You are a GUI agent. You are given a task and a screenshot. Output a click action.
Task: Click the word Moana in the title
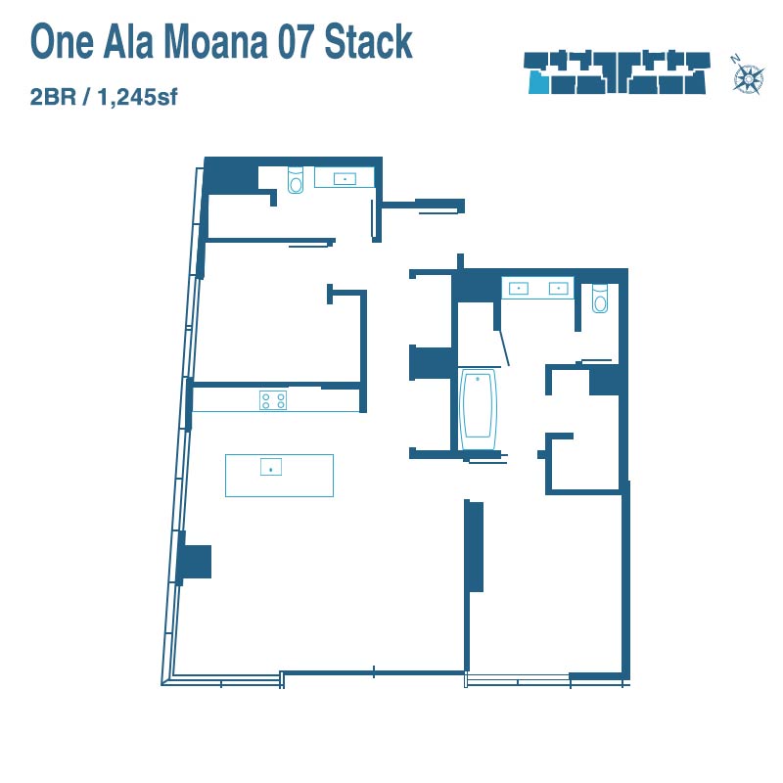pyautogui.click(x=215, y=42)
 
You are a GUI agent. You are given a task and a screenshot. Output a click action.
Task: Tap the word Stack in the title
pyautogui.click(x=369, y=42)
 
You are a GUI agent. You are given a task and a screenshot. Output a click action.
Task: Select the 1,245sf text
pyautogui.click(x=137, y=97)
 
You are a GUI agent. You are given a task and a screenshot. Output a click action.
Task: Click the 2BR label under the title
pyautogui.click(x=53, y=97)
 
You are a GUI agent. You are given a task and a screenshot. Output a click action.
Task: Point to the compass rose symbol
pyautogui.click(x=749, y=79)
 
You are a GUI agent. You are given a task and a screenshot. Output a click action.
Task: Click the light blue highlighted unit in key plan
pyautogui.click(x=539, y=82)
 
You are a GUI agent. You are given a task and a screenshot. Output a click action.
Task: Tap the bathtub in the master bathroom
pyautogui.click(x=478, y=409)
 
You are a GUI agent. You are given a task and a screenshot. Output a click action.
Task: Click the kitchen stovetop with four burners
pyautogui.click(x=273, y=400)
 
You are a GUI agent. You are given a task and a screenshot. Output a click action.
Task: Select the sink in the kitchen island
pyautogui.click(x=271, y=467)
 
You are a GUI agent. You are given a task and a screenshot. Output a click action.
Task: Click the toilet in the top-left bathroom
pyautogui.click(x=296, y=180)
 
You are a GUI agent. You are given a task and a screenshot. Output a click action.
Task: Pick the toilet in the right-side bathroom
pyautogui.click(x=600, y=299)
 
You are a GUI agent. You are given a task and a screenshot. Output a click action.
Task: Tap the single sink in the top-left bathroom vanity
pyautogui.click(x=345, y=178)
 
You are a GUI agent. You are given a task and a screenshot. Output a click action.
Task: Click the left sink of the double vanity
pyautogui.click(x=519, y=288)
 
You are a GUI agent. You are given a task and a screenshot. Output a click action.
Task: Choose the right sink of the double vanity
pyautogui.click(x=558, y=288)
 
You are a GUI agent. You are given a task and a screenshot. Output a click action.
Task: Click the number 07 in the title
pyautogui.click(x=297, y=42)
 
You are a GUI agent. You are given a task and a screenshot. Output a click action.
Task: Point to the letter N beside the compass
pyautogui.click(x=735, y=60)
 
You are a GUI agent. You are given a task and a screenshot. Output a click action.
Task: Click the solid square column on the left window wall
pyautogui.click(x=197, y=562)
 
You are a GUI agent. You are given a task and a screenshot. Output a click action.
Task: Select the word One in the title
pyautogui.click(x=62, y=42)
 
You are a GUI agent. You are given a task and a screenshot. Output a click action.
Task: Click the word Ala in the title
pyautogui.click(x=128, y=42)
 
